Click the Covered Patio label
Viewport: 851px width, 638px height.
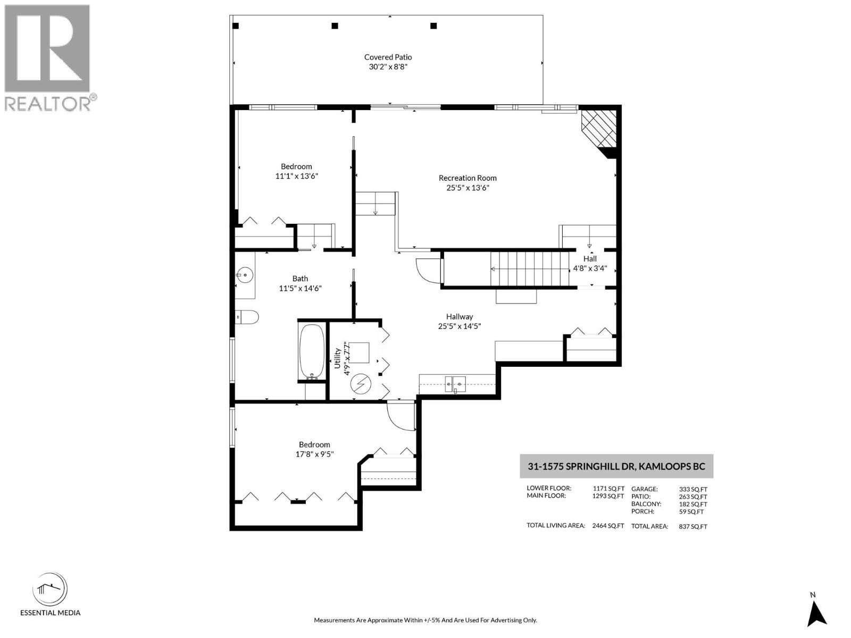[388, 57]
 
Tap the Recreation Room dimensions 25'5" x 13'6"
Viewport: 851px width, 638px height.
[467, 188]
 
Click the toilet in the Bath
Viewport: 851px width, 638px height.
[247, 317]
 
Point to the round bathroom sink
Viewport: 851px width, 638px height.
[245, 275]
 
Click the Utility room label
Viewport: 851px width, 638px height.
[337, 358]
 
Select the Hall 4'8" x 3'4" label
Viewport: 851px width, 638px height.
[589, 264]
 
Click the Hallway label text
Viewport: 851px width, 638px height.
[460, 316]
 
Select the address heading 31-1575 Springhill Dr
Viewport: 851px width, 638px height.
[616, 466]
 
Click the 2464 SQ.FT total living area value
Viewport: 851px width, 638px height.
[608, 525]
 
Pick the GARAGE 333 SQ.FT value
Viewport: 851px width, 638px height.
[693, 489]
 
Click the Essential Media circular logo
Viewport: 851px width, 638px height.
[50, 590]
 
